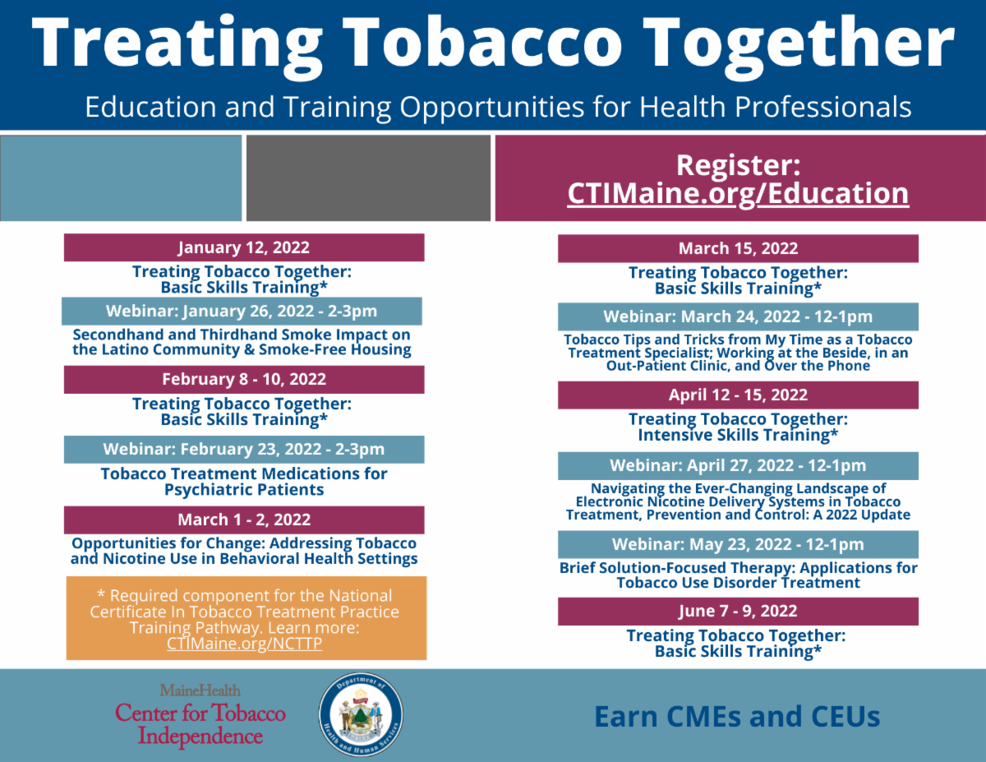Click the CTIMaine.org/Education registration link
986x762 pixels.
[x=738, y=194]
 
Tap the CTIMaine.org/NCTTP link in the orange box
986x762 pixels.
[x=244, y=643]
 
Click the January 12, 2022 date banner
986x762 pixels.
[x=244, y=247]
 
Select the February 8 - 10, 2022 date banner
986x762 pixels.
[x=244, y=380]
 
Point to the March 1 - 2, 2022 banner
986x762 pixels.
[x=244, y=520]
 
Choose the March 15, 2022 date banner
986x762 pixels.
[x=738, y=248]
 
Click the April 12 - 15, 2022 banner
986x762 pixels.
[x=738, y=395]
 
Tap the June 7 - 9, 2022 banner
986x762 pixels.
[x=738, y=612]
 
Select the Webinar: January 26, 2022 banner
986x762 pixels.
[x=242, y=312]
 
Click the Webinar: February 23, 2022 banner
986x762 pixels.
[x=244, y=450]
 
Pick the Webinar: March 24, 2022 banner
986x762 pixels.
[x=738, y=316]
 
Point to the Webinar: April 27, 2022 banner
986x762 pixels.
[x=738, y=465]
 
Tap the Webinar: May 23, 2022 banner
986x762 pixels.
[x=738, y=544]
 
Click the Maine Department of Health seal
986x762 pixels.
[x=361, y=714]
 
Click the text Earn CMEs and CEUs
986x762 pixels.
[x=737, y=716]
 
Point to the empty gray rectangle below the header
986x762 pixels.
[x=368, y=178]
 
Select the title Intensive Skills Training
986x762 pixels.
[x=738, y=435]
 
